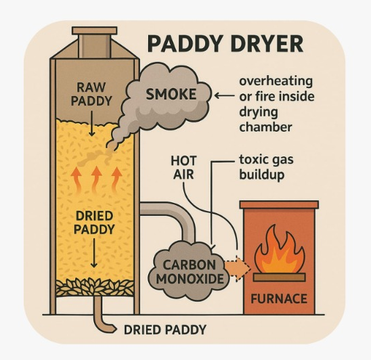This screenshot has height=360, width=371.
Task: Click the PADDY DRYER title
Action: pyautogui.click(x=225, y=44)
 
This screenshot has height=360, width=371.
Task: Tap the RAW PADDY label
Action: pyautogui.click(x=91, y=94)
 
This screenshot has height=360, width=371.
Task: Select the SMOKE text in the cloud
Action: pyautogui.click(x=171, y=94)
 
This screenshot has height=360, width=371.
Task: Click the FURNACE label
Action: pyautogui.click(x=279, y=298)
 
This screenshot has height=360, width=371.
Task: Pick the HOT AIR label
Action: pyautogui.click(x=183, y=168)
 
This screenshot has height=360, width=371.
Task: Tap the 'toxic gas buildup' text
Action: pyautogui.click(x=266, y=167)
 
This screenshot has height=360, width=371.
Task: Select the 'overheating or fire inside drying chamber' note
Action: pyautogui.click(x=277, y=104)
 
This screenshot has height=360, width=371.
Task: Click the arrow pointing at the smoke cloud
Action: pyautogui.click(x=225, y=96)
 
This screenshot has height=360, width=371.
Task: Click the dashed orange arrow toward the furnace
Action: pyautogui.click(x=238, y=268)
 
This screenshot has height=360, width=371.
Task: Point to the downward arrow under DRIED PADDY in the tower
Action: pyautogui.click(x=94, y=253)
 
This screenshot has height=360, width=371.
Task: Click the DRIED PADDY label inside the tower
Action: pyautogui.click(x=94, y=223)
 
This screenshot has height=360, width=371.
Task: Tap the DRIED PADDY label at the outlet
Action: pyautogui.click(x=165, y=330)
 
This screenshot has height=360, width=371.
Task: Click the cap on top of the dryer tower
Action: pyautogui.click(x=94, y=30)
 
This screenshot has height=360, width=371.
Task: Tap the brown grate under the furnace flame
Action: pyautogui.click(x=279, y=277)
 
